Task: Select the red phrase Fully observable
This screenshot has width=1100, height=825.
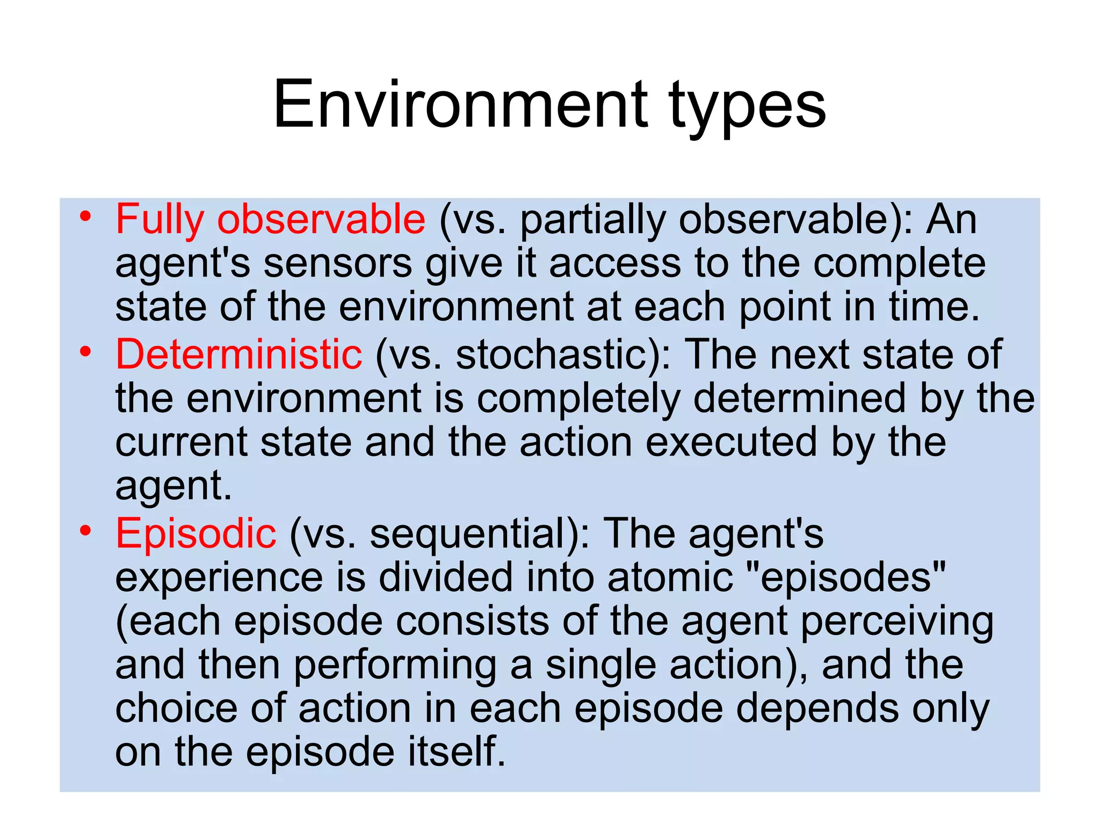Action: [270, 220]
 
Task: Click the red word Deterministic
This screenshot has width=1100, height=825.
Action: [239, 355]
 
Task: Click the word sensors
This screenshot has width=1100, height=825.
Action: [338, 264]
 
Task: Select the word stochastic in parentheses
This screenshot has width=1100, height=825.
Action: [553, 355]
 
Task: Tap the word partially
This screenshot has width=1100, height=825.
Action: [593, 221]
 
